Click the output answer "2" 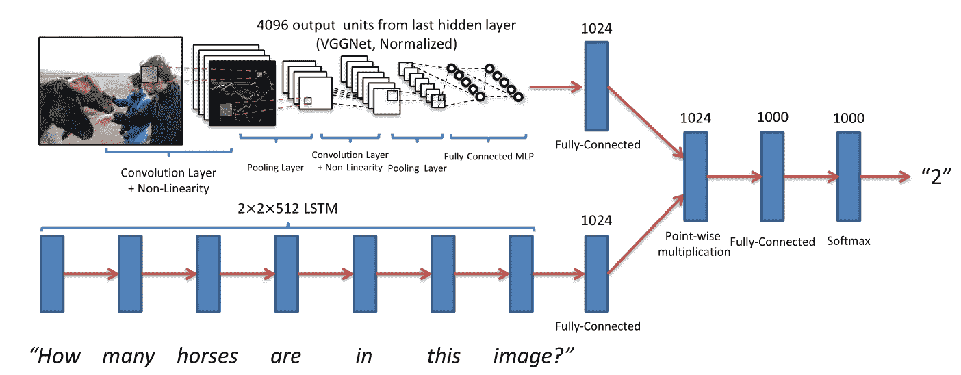936,177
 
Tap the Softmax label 848,241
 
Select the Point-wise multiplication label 694,244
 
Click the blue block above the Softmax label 849,177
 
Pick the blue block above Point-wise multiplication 695,177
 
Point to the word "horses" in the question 207,356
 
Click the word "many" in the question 128,357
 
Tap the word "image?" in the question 533,357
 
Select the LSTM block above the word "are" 287,274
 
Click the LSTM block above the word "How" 52,274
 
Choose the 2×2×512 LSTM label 287,209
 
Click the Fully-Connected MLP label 489,156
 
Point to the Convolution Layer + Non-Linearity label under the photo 168,180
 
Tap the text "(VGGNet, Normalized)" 386,44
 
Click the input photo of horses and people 111,91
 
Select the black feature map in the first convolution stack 242,93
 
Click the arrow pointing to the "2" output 885,177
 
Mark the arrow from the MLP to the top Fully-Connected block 556,88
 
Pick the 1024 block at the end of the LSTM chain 596,274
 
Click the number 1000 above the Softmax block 849,118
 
